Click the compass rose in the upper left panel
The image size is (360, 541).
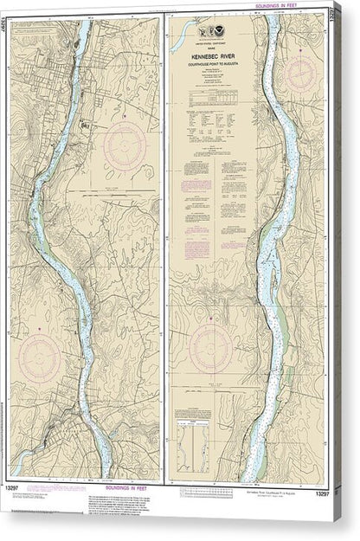[x=125, y=144]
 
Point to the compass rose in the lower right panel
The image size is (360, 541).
[x=210, y=347]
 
